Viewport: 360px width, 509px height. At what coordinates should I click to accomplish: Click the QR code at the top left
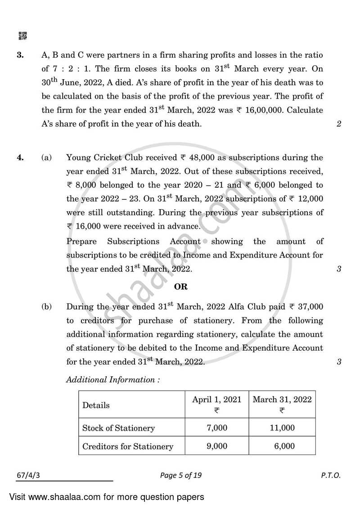(x=22, y=35)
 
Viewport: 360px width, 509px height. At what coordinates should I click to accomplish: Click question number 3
(x=20, y=55)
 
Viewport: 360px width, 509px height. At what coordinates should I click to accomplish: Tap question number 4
(x=20, y=158)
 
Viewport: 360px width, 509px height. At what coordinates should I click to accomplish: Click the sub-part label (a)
(x=47, y=158)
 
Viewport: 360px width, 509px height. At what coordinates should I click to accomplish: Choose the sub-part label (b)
(x=47, y=307)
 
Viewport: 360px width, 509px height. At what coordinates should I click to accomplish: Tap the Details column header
(x=96, y=405)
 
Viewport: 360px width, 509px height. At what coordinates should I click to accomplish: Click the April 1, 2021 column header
(x=216, y=400)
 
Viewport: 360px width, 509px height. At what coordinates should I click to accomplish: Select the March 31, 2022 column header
(x=282, y=400)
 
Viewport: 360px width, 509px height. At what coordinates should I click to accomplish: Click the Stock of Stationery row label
(x=118, y=428)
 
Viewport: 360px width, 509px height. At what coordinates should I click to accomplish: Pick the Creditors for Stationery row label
(x=128, y=446)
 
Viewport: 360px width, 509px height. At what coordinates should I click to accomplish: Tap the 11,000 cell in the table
(x=282, y=428)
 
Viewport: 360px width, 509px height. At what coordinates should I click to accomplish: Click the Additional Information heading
(x=113, y=379)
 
